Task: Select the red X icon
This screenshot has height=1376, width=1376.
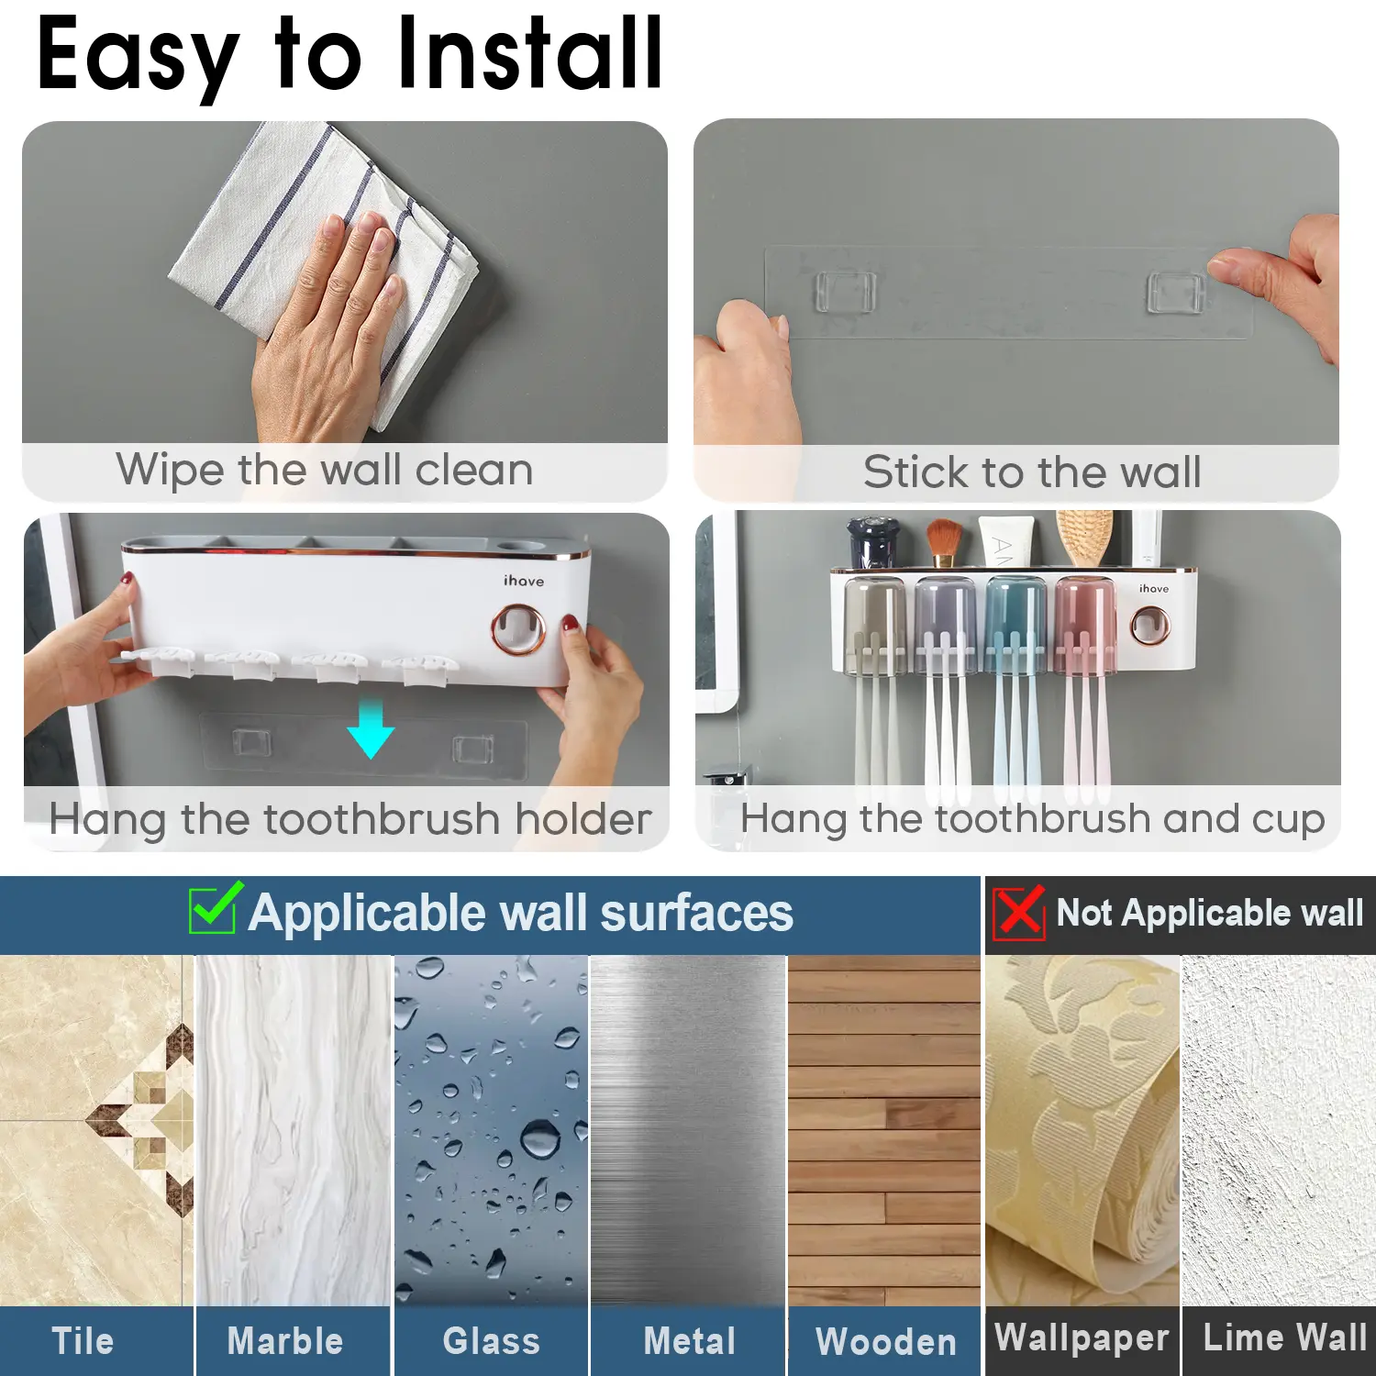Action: [1018, 912]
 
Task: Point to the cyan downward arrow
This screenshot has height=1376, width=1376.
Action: [371, 727]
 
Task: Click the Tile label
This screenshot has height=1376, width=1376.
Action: [83, 1341]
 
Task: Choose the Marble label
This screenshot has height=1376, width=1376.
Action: [285, 1341]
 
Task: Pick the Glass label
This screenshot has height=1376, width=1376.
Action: [492, 1341]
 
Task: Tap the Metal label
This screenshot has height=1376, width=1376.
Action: [690, 1341]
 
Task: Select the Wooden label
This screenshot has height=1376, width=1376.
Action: [886, 1342]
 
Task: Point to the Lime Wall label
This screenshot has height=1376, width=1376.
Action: [1285, 1337]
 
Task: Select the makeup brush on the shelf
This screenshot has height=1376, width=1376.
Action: [942, 542]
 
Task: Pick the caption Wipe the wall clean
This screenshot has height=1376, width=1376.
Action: [325, 471]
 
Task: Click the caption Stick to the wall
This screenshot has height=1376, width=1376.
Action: [1032, 472]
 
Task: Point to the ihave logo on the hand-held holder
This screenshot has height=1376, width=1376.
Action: [524, 581]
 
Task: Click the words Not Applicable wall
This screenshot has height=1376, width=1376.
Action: [1210, 913]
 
